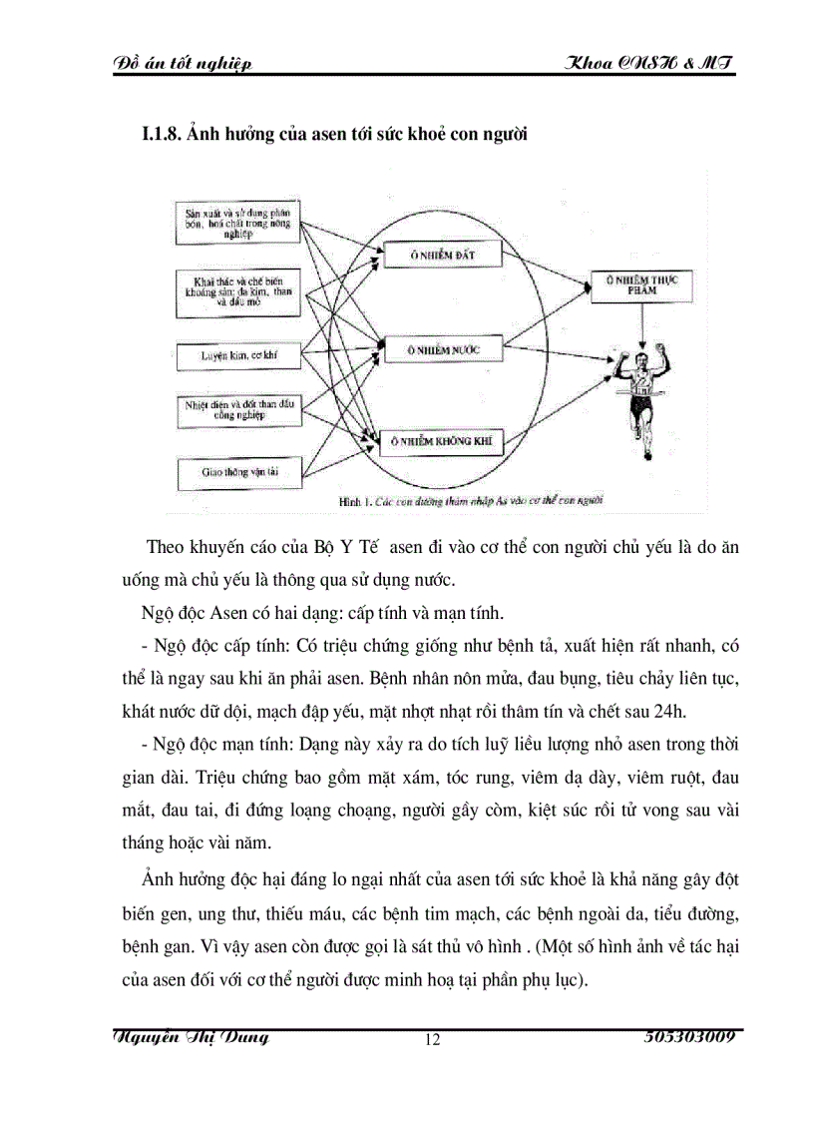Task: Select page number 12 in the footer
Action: coord(432,1040)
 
